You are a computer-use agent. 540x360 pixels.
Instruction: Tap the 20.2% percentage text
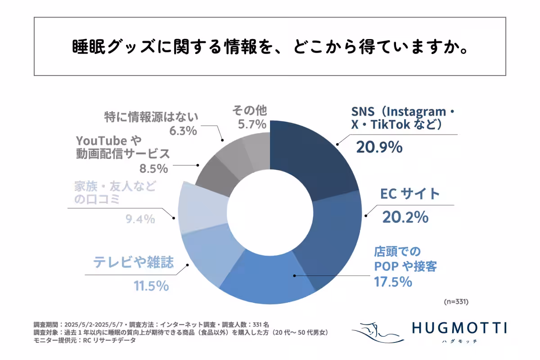pos(405,217)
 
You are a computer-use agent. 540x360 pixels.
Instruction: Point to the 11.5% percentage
pos(151,286)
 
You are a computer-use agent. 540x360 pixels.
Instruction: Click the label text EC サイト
pos(409,194)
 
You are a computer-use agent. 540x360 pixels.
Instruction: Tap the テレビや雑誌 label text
pos(133,263)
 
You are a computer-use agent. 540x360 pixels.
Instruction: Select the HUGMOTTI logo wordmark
pos(459,328)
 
